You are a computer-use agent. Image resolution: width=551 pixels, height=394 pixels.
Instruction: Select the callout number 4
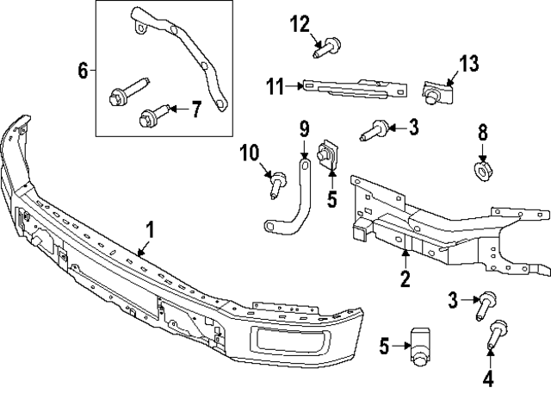click(488, 377)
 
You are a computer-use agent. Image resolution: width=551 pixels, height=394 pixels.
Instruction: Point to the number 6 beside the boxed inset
click(83, 70)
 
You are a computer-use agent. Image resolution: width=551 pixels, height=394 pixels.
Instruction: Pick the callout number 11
click(275, 85)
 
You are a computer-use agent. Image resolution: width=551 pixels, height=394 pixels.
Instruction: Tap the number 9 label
click(304, 129)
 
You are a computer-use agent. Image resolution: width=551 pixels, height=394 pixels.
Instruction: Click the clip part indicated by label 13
click(438, 88)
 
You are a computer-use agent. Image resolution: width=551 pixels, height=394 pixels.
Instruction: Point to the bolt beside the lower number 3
click(483, 303)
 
